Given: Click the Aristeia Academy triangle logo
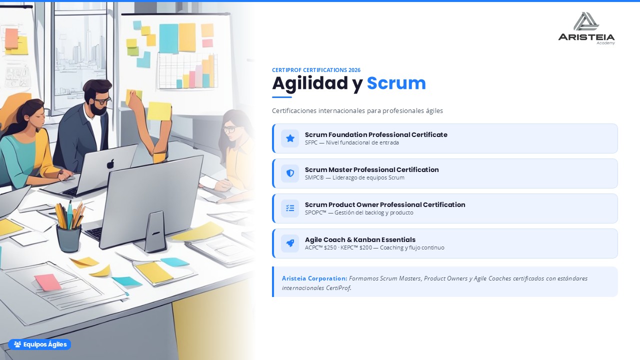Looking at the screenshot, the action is coord(586,21).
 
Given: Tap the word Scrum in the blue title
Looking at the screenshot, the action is coord(396,83).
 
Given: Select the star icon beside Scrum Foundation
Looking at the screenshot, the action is coord(290,138).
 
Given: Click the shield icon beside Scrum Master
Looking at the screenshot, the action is coord(290,173).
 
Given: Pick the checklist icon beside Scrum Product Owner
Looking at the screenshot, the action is coord(290,208).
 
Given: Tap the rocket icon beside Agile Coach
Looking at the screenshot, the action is coord(290,243).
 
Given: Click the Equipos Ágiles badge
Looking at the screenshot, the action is coord(39,344).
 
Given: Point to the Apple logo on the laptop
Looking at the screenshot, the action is coord(110,163).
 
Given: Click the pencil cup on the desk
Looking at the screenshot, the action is coord(68,237).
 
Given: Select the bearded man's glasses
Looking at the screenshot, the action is coord(101,100).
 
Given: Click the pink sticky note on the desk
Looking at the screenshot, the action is coord(47,282).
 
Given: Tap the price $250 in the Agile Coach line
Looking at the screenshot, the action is coord(330,247).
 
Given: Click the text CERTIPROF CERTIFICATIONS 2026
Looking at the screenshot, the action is coord(316,70).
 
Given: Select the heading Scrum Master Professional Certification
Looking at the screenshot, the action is coord(371,169).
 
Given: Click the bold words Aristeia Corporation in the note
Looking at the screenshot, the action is coord(314,278).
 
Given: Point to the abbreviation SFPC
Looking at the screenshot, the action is coord(311,142).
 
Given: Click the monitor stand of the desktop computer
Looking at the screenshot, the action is coord(154,231).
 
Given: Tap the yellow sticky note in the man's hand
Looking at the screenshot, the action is coord(159,111).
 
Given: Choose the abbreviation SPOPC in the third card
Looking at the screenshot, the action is coord(315,212).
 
